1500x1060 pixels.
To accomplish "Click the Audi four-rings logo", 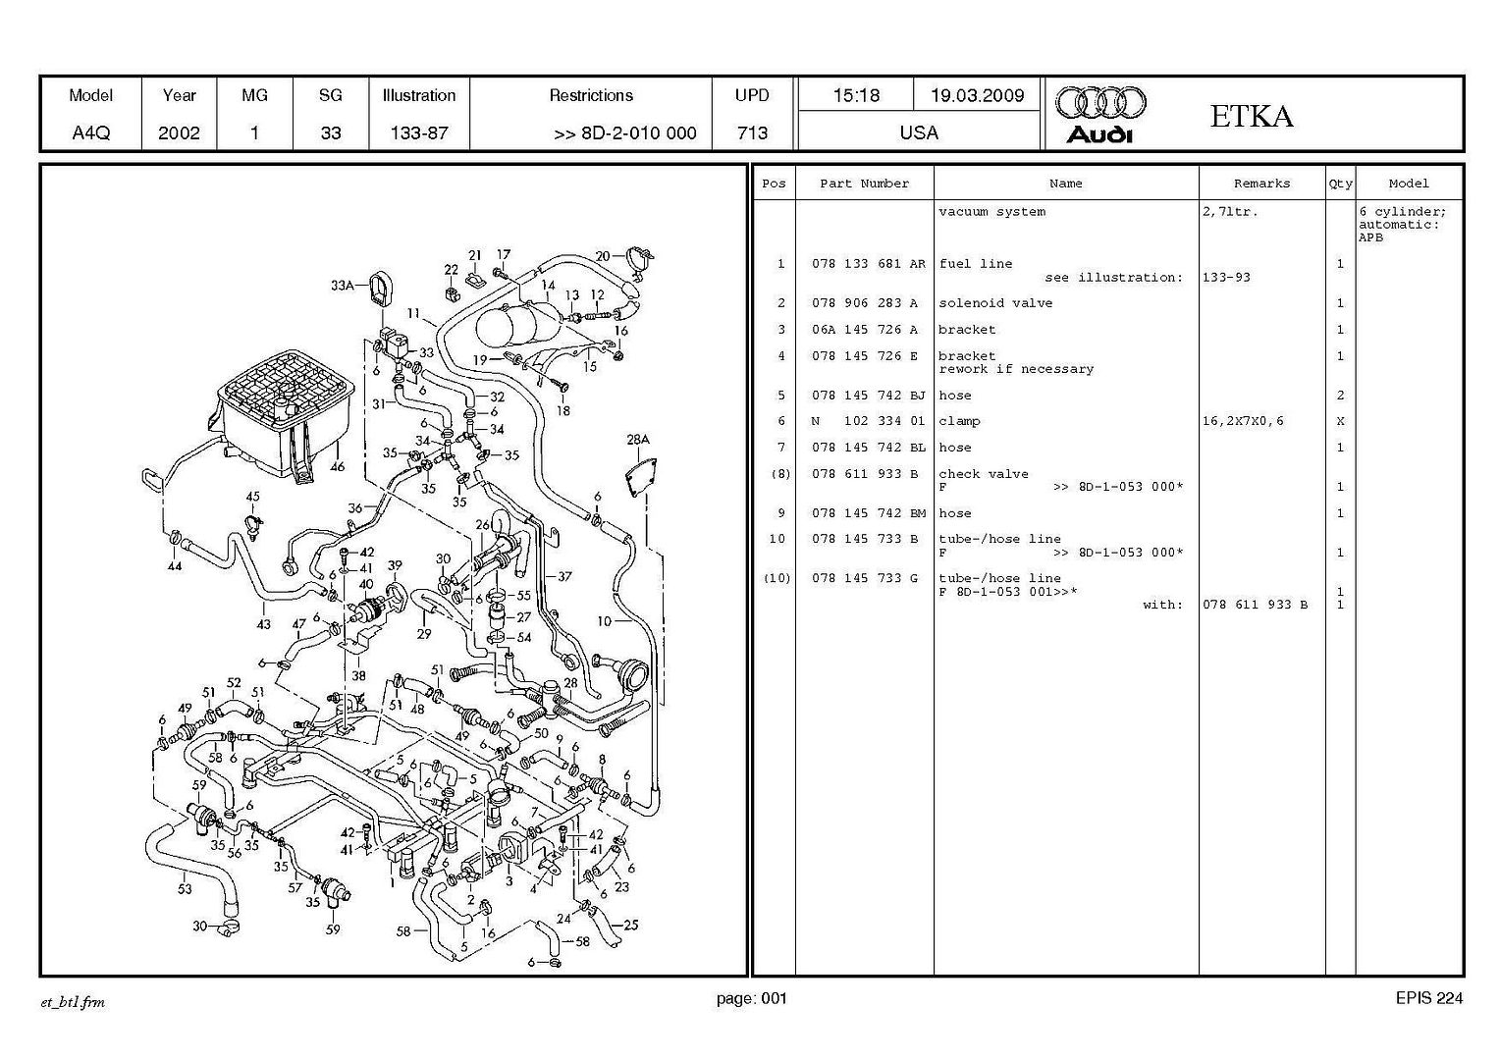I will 1100,101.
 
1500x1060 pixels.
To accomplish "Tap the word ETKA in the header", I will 1251,116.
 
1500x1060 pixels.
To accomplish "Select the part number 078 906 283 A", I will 864,303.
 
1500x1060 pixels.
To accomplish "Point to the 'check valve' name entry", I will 983,474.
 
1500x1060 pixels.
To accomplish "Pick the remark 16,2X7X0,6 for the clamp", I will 1242,421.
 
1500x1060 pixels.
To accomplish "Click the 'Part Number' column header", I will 864,184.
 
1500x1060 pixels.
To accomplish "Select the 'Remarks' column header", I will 1261,184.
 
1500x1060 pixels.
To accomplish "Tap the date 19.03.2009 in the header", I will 977,95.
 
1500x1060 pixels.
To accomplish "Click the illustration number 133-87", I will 419,132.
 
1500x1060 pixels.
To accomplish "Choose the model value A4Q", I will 91,132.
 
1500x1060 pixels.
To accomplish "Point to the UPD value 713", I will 752,132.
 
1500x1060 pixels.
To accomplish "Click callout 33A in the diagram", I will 343,286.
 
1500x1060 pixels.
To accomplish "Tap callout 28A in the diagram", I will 638,440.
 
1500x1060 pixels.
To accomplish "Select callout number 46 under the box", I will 337,467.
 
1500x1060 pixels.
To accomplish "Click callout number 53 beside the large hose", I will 185,889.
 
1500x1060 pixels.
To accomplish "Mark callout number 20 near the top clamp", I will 603,256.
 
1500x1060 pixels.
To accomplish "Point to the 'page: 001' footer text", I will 751,999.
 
